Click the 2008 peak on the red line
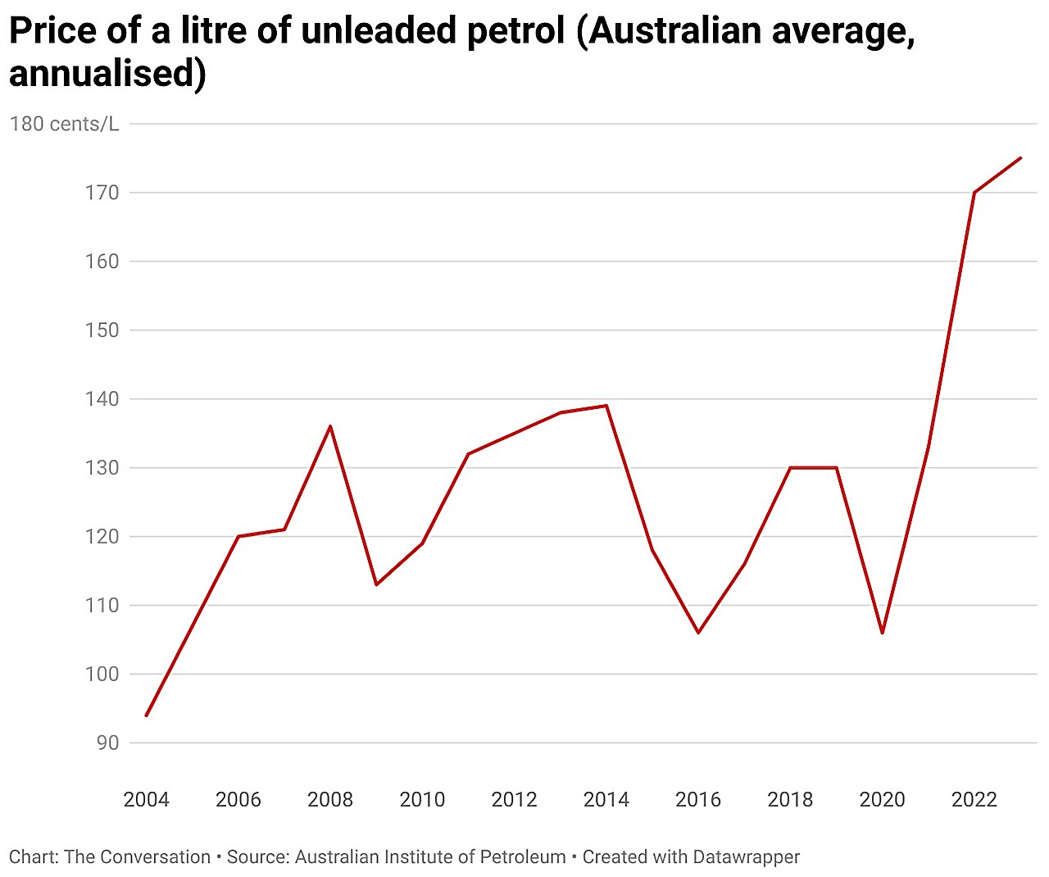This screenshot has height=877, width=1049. pos(330,426)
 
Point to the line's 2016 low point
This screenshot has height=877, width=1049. pos(698,633)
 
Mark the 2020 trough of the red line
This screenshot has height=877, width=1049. pos(883,633)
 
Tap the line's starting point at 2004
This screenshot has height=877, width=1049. pos(147,716)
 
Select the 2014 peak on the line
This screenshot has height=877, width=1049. pos(606,405)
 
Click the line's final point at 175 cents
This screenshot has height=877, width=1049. pos(1020,158)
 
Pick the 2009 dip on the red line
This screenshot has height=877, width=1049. pos(376,584)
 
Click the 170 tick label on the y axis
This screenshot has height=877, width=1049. pos(102,193)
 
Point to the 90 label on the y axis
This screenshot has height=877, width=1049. pos(107,743)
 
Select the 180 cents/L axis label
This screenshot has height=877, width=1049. pos(64,124)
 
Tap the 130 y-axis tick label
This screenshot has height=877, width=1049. pos(102,468)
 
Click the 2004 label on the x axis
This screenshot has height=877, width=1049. pos(147,799)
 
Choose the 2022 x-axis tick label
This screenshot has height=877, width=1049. pos(974,799)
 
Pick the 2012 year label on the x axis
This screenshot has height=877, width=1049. pos(515,799)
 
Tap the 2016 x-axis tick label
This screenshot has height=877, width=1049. pos(698,799)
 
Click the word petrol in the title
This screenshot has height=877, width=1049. pos(511,31)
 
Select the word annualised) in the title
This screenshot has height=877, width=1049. pos(107,74)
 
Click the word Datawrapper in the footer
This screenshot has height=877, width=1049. pos(746,857)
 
